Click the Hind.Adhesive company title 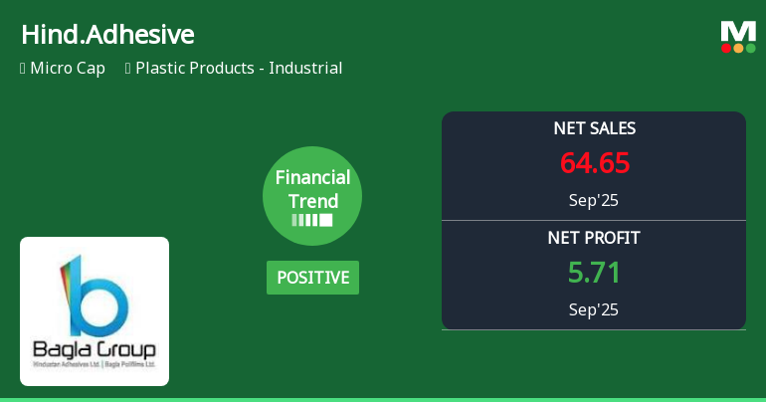click(x=107, y=35)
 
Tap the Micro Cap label click(x=68, y=69)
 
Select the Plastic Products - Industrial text click(x=239, y=69)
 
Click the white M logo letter click(x=738, y=31)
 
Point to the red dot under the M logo click(x=726, y=48)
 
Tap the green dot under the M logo click(x=751, y=48)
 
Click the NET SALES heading click(x=594, y=128)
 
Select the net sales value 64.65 click(x=594, y=162)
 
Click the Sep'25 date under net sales click(x=594, y=200)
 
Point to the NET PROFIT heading click(x=594, y=238)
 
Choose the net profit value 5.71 click(x=594, y=272)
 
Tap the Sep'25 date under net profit click(x=594, y=309)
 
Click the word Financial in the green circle click(x=312, y=178)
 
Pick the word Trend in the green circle click(x=312, y=200)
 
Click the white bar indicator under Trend click(x=312, y=220)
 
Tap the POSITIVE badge click(x=312, y=278)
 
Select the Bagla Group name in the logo click(x=95, y=350)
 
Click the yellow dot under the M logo click(x=738, y=48)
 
